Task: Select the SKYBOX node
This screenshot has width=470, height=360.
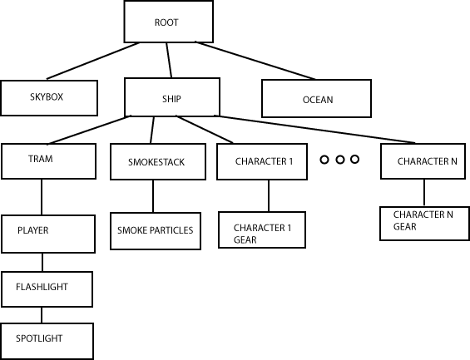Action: click(x=49, y=97)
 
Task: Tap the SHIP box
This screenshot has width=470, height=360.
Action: click(x=172, y=97)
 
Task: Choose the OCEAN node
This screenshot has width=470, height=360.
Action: click(x=317, y=98)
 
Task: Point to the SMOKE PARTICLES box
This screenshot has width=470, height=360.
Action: click(x=156, y=230)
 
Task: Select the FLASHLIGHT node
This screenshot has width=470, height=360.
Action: click(x=46, y=288)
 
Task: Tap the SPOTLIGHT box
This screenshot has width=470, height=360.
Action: click(x=46, y=340)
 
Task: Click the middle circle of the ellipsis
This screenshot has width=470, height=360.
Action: click(x=339, y=159)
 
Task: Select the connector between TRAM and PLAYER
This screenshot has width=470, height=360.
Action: click(x=42, y=197)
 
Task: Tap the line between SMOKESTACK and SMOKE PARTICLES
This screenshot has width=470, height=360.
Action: click(x=153, y=196)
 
